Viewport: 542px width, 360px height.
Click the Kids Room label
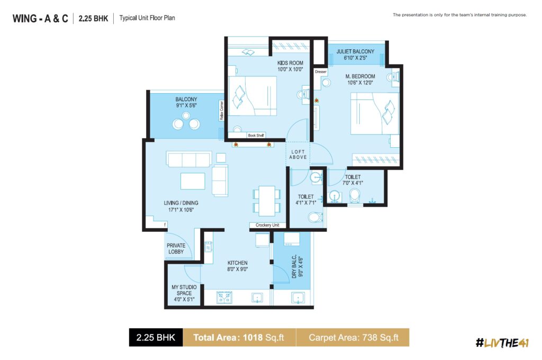[x=290, y=63]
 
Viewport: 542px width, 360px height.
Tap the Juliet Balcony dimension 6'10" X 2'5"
[x=355, y=58]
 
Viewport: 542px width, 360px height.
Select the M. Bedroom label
[x=360, y=76]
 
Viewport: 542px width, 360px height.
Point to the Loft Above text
[x=298, y=154]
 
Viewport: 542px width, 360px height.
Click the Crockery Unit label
[x=267, y=225]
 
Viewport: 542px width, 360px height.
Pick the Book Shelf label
[x=256, y=136]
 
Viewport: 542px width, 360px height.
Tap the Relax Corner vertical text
[x=222, y=110]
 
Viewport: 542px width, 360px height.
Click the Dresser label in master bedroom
[x=321, y=71]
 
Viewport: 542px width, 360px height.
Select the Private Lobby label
[x=176, y=249]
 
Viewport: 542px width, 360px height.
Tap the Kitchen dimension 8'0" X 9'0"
[x=238, y=269]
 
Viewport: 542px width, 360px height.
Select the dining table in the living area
[x=267, y=201]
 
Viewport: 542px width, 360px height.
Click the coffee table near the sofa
[x=193, y=181]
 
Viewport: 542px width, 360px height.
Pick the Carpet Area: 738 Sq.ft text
[x=354, y=338]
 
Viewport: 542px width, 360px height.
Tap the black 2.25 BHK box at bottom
[x=156, y=338]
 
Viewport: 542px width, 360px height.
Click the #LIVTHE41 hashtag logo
[x=502, y=343]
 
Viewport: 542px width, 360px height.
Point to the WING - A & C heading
[x=40, y=19]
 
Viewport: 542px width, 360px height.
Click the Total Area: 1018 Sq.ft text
[x=239, y=338]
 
